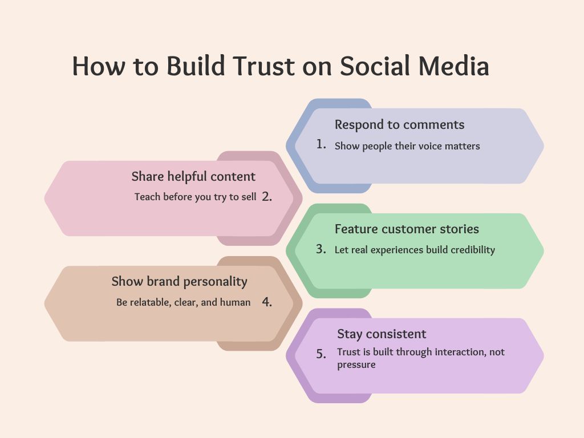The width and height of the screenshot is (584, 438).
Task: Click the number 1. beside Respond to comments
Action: click(x=321, y=144)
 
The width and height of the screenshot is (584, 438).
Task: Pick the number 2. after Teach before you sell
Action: click(x=267, y=197)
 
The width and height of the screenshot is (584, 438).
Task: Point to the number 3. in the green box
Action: click(x=321, y=249)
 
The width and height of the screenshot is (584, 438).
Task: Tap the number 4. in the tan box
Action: click(x=267, y=302)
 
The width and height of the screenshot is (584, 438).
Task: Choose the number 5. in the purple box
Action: click(x=321, y=354)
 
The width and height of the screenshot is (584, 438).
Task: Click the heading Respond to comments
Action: click(x=399, y=124)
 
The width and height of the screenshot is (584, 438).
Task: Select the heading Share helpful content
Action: click(x=193, y=177)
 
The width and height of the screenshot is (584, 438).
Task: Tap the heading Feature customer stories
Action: click(x=407, y=229)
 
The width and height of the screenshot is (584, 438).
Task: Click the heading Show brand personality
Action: click(x=179, y=282)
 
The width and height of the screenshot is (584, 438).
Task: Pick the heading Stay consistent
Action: click(x=382, y=334)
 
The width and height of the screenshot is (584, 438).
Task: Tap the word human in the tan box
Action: click(x=236, y=302)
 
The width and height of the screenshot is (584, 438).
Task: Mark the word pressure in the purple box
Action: click(x=356, y=365)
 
